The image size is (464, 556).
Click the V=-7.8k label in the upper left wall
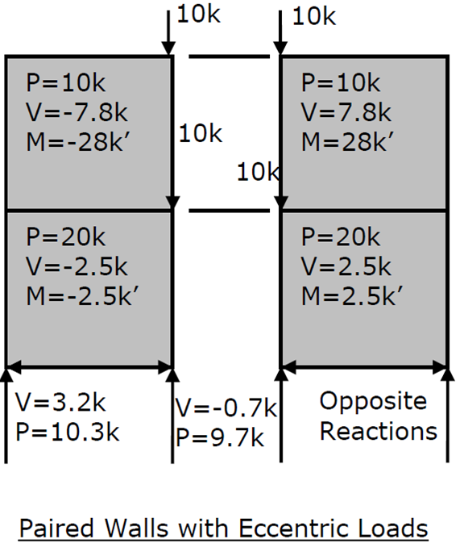click(x=77, y=113)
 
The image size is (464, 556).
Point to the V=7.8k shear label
click(x=346, y=113)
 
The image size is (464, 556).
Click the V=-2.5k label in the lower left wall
click(x=77, y=266)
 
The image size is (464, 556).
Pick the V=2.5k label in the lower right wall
click(x=346, y=266)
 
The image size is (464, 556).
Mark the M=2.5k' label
click(x=352, y=296)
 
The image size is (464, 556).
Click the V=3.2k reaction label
click(x=60, y=403)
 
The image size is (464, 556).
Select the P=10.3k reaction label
click(x=67, y=433)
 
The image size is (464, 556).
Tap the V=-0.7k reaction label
click(x=226, y=408)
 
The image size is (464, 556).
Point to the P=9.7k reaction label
click(x=220, y=437)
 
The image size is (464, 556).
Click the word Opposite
click(x=373, y=402)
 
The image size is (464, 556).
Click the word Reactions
click(x=379, y=432)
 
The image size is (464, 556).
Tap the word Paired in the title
click(x=56, y=529)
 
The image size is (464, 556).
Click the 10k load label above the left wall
click(x=198, y=15)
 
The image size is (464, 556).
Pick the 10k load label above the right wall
click(x=314, y=16)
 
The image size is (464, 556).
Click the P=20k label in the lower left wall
click(x=66, y=237)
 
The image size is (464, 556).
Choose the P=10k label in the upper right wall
click(x=341, y=83)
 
